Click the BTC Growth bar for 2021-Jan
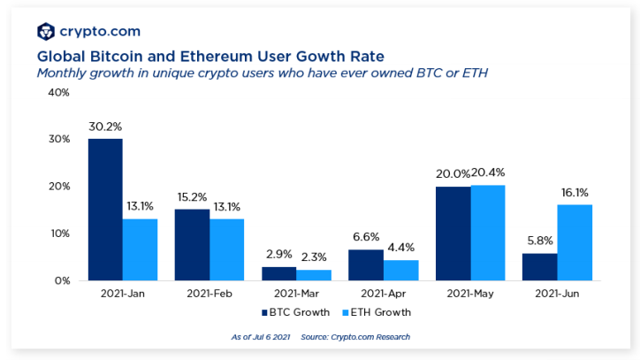(105, 210)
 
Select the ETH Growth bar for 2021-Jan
(140, 249)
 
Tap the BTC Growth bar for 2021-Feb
(192, 245)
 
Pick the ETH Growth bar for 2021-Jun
(575, 242)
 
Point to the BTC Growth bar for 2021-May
(453, 234)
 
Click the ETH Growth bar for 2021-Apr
(400, 270)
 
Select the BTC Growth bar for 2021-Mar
(278, 273)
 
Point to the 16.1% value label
(575, 193)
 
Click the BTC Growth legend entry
(297, 312)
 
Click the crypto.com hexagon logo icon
(46, 32)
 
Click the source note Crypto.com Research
(369, 337)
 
